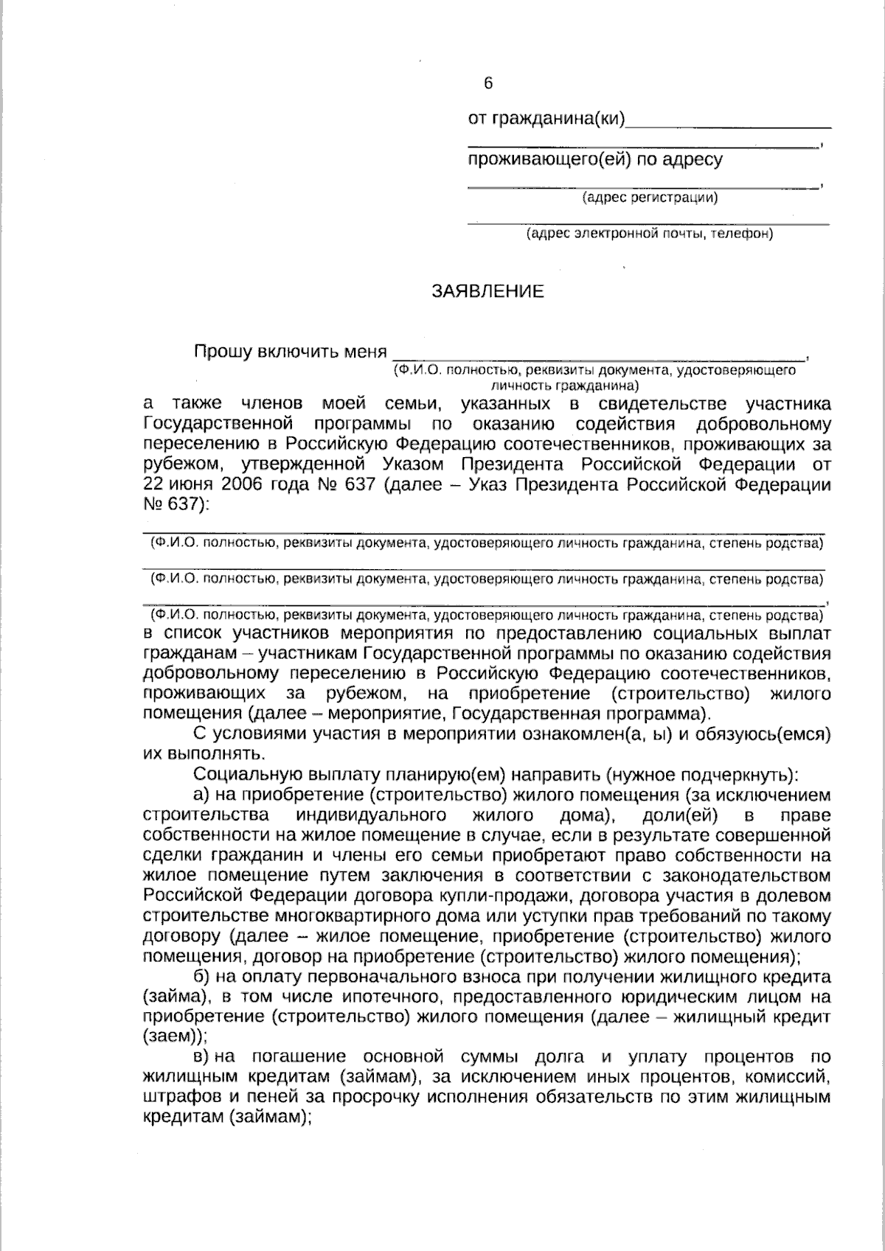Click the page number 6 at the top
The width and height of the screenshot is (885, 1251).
(487, 84)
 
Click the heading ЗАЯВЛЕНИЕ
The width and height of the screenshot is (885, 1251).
(487, 292)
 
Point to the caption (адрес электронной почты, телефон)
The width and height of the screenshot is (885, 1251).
(649, 235)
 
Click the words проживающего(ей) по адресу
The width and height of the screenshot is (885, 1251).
(595, 159)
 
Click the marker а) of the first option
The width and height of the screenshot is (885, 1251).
(202, 795)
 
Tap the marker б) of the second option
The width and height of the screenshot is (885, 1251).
(202, 978)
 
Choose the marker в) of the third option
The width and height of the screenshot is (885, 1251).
(202, 1057)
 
